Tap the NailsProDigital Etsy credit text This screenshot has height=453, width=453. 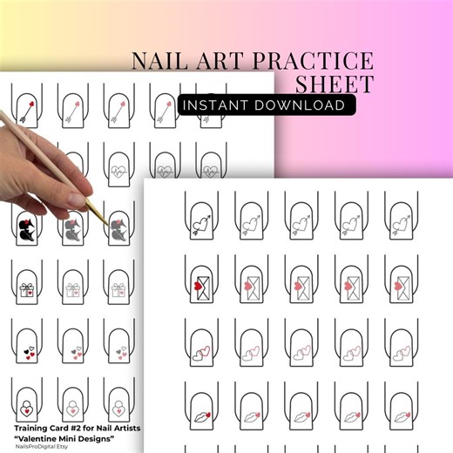[44, 448]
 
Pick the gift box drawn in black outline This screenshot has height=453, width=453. [27, 290]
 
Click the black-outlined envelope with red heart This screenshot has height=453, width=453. [199, 282]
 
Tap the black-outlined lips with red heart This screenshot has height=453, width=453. [199, 403]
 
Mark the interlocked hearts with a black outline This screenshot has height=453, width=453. [199, 350]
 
